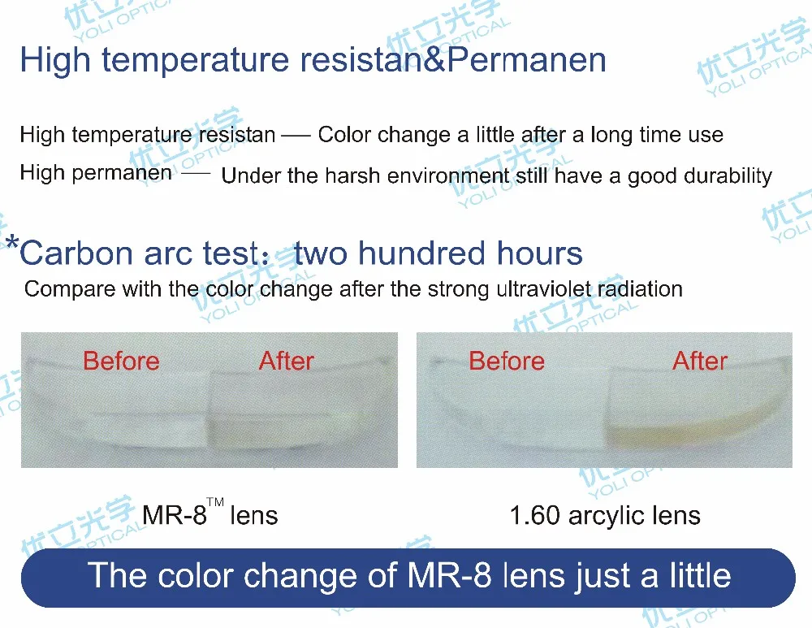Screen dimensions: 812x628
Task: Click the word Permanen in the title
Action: (526, 59)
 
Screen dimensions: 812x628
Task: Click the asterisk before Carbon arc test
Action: (12, 242)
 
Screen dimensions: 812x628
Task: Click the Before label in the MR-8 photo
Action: (121, 362)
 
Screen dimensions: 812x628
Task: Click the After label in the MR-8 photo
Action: (287, 362)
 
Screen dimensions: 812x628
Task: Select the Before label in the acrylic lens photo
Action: (507, 362)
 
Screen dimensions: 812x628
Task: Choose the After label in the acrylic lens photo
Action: (700, 362)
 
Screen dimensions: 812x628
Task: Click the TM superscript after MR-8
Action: (215, 501)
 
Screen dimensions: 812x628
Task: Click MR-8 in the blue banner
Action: (449, 576)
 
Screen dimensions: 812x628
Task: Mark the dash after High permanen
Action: (196, 173)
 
